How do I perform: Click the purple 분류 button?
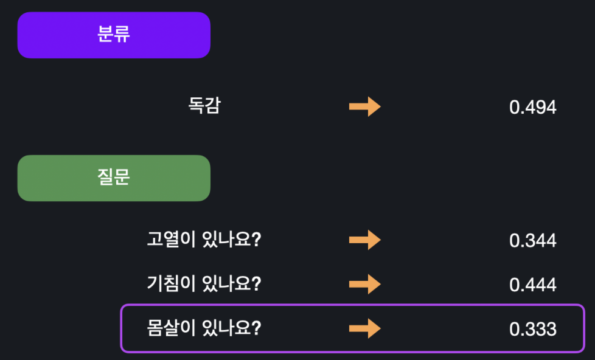coord(114,35)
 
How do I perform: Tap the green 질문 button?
coord(114,178)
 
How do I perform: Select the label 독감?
coord(204,106)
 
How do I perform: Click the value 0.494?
coord(532,108)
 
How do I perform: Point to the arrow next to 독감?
coord(364,107)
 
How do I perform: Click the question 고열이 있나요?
coord(204,240)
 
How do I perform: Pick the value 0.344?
coord(532,241)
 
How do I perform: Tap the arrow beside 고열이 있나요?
coord(364,240)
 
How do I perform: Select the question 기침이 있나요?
coord(204,284)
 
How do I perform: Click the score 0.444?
coord(532,285)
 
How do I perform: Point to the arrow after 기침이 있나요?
coord(364,284)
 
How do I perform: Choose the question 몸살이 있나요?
coord(204,328)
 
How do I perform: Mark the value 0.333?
coord(532,330)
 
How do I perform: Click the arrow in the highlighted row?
coord(364,328)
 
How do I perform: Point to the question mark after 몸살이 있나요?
coord(256,328)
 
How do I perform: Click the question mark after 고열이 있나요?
coord(256,240)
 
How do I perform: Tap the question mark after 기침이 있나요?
coord(256,284)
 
